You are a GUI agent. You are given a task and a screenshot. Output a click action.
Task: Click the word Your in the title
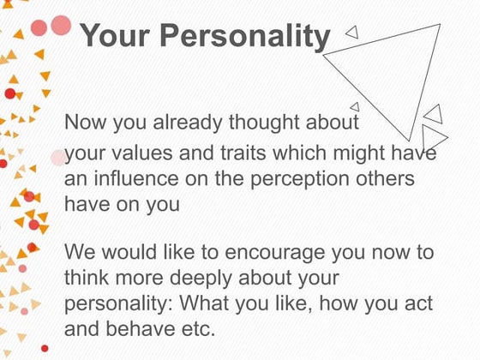[x=115, y=35]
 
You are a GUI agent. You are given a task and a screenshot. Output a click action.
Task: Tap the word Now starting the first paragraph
[x=85, y=122]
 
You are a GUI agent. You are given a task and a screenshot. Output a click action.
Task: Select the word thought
[x=265, y=123]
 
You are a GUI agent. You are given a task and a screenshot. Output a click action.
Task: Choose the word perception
[x=300, y=180]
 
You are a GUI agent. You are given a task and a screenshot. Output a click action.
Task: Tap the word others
[x=385, y=178]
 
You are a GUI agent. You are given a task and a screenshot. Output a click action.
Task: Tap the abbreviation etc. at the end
[x=198, y=329]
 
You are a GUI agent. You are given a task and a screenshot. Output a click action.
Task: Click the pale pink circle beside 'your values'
[x=58, y=158]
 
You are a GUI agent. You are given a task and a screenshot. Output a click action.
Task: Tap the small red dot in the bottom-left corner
[x=45, y=348]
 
